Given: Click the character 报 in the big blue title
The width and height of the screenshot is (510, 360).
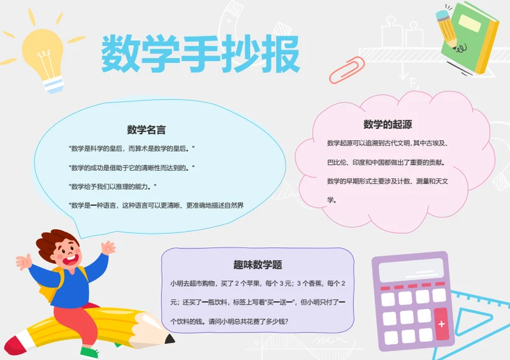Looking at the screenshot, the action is click(280, 54).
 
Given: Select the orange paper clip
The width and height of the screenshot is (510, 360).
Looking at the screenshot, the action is click(347, 70).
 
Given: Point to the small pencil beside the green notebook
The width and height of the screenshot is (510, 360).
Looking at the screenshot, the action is click(448, 30).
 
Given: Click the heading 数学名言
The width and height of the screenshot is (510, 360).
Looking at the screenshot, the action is click(147, 130).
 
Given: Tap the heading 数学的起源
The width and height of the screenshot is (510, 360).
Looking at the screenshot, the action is click(388, 124).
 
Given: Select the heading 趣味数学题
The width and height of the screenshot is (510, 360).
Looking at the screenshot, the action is click(258, 264).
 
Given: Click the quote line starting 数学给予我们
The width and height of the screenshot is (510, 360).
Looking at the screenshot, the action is click(113, 187).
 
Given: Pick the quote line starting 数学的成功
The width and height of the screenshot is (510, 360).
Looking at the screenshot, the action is click(131, 168).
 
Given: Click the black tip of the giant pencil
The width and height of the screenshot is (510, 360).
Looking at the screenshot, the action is click(169, 340).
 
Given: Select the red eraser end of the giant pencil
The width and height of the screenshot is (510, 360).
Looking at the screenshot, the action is click(15, 345).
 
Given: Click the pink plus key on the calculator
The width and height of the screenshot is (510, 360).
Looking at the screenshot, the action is click(441, 324).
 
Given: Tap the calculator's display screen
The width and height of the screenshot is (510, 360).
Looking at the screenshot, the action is click(411, 270).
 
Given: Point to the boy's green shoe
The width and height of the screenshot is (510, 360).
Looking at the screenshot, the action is click(89, 353).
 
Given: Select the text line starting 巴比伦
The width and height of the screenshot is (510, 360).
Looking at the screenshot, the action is click(386, 162).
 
